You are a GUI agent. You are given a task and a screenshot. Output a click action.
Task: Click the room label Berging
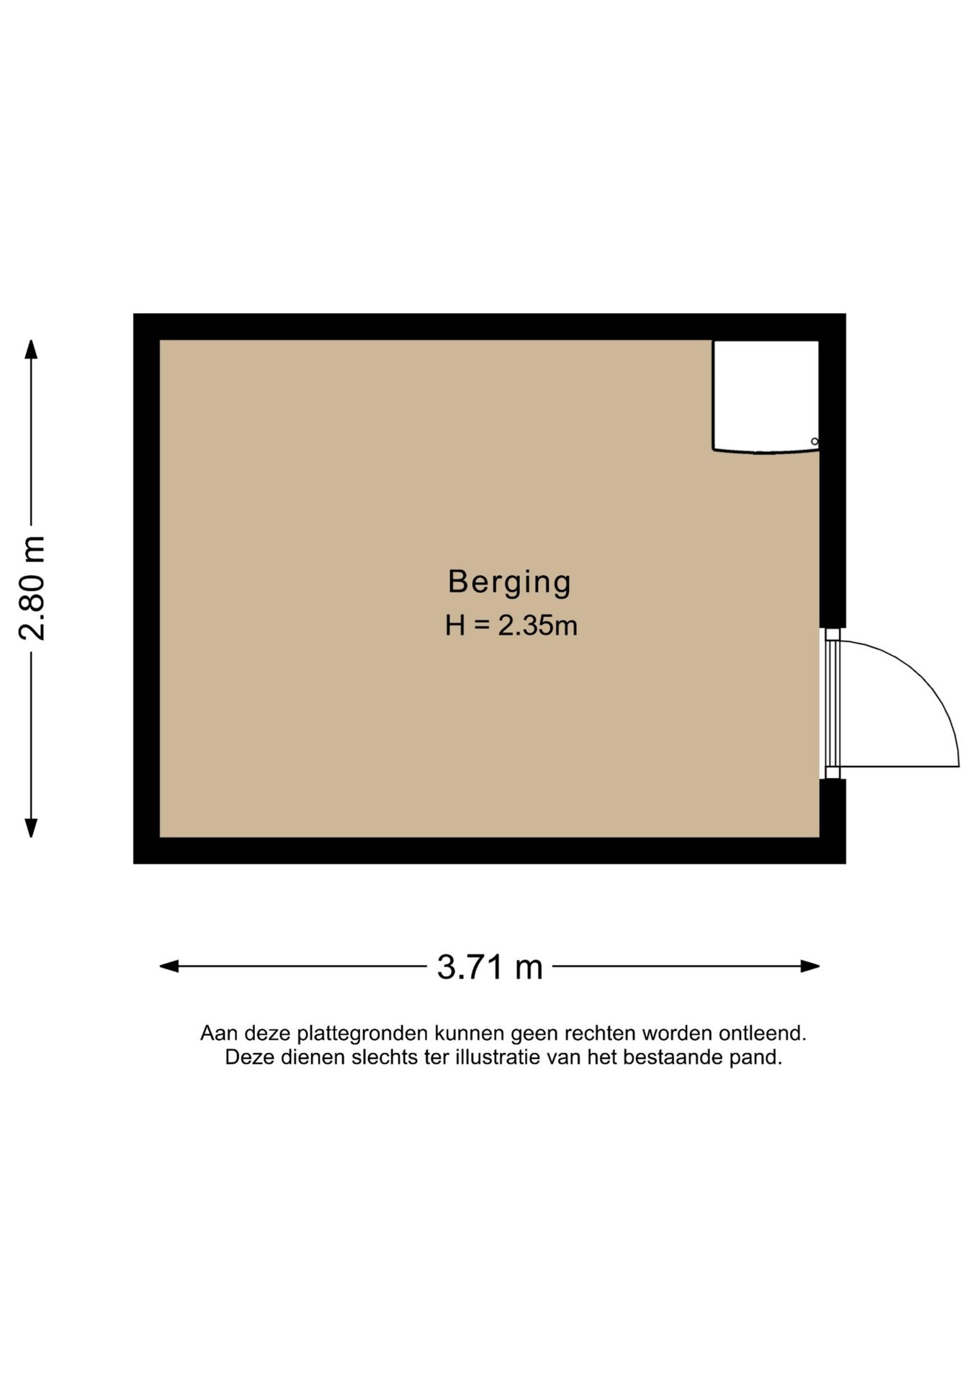509,582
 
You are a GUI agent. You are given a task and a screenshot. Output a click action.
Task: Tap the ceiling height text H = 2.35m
511,625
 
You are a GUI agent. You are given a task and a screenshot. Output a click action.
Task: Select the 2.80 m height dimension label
32,588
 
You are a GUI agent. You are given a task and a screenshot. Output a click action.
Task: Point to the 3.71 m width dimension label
490,967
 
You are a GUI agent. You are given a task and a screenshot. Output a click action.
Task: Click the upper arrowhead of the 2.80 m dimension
31,349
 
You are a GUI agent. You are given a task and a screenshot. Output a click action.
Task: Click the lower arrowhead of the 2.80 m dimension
31,828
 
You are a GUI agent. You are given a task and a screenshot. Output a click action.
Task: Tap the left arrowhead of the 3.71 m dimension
169,966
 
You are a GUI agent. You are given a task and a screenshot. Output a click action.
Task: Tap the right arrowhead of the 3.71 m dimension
810,966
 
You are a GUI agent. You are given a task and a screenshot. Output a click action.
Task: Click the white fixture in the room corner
766,397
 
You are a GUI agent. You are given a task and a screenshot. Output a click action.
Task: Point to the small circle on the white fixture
815,441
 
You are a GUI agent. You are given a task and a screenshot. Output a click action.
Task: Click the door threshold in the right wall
832,703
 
